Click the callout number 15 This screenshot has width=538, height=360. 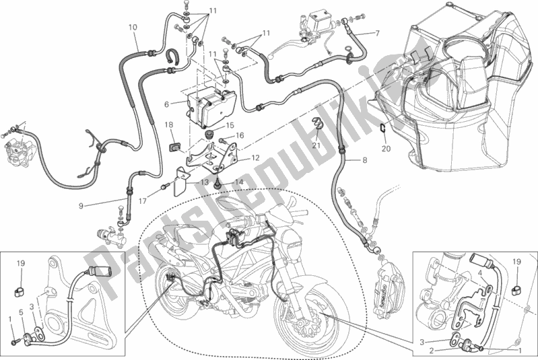click(x=230, y=126)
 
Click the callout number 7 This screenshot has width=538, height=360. click(x=376, y=34)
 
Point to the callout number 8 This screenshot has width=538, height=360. click(x=365, y=160)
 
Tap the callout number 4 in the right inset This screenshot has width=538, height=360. click(x=479, y=273)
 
